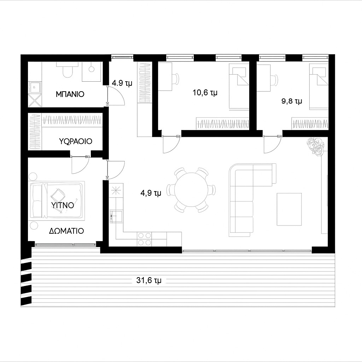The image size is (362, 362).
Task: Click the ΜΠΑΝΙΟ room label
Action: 70,94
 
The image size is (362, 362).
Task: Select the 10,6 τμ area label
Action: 205,93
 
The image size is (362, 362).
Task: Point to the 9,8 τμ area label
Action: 292,101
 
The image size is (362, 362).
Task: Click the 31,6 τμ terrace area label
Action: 149,280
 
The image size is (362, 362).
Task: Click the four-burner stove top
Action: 145,239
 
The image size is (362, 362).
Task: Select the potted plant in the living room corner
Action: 315,145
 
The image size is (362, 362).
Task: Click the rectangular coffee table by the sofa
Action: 289,209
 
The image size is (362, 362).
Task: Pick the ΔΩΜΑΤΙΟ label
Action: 66,231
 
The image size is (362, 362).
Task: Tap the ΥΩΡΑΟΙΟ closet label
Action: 76,141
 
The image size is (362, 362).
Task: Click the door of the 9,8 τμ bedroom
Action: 273,145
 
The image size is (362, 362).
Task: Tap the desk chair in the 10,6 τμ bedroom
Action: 176,79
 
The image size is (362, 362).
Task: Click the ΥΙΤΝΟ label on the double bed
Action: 63,205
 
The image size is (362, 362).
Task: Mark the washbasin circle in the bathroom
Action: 92,69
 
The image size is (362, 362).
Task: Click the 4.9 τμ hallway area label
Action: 122,83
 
